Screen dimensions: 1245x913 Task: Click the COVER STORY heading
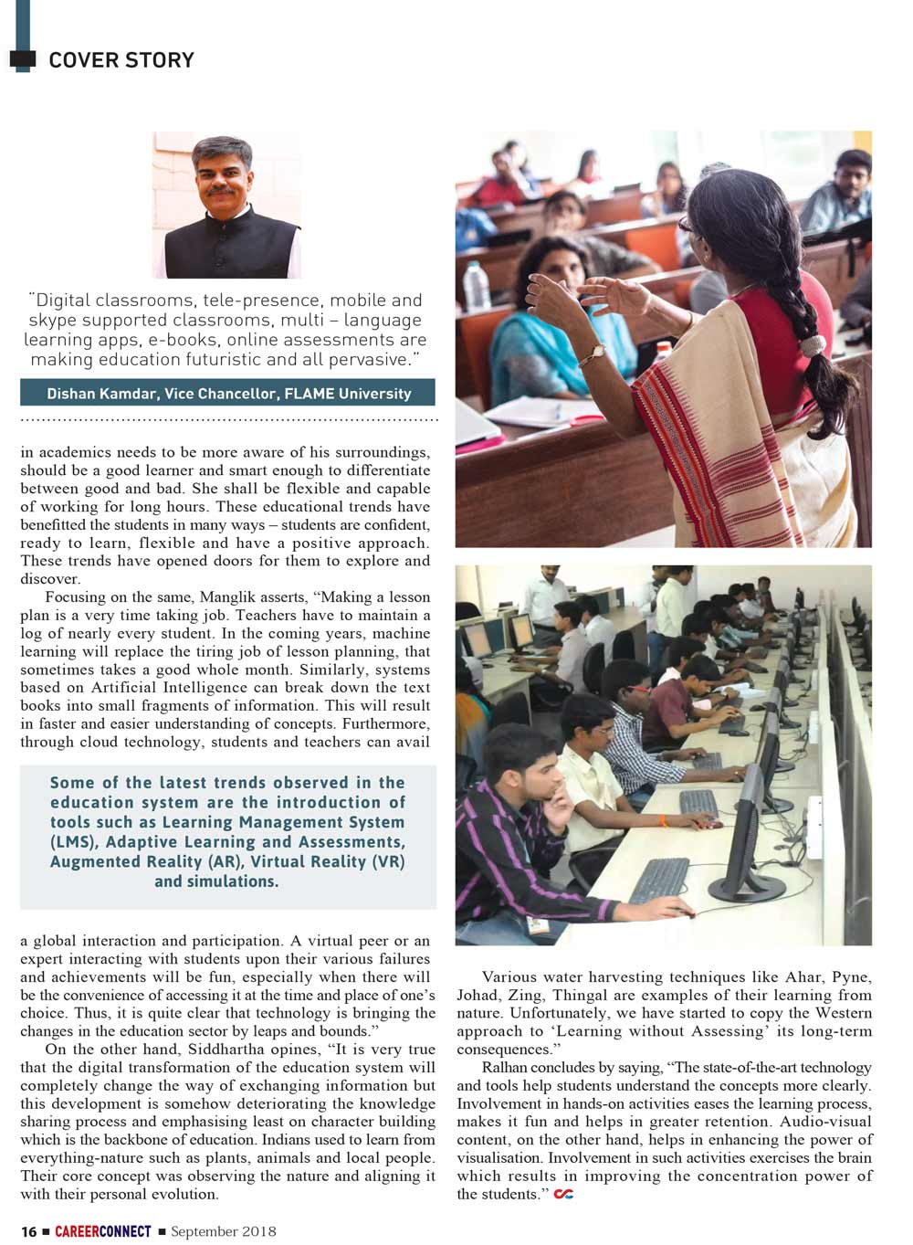tap(121, 60)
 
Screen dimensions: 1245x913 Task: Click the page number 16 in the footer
tap(29, 1231)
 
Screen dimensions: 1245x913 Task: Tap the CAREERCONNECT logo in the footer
tap(102, 1231)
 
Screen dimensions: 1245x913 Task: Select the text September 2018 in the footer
tap(223, 1231)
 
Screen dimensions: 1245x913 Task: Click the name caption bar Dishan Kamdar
tap(228, 394)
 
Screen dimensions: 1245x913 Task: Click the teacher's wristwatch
tap(598, 352)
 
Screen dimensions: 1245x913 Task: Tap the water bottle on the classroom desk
tap(476, 286)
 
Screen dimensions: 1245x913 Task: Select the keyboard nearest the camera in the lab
tap(659, 879)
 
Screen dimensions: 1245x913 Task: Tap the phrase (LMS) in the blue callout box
tap(75, 842)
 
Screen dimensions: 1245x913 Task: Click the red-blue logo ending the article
tap(563, 1195)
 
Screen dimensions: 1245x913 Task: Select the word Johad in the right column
tap(477, 996)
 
